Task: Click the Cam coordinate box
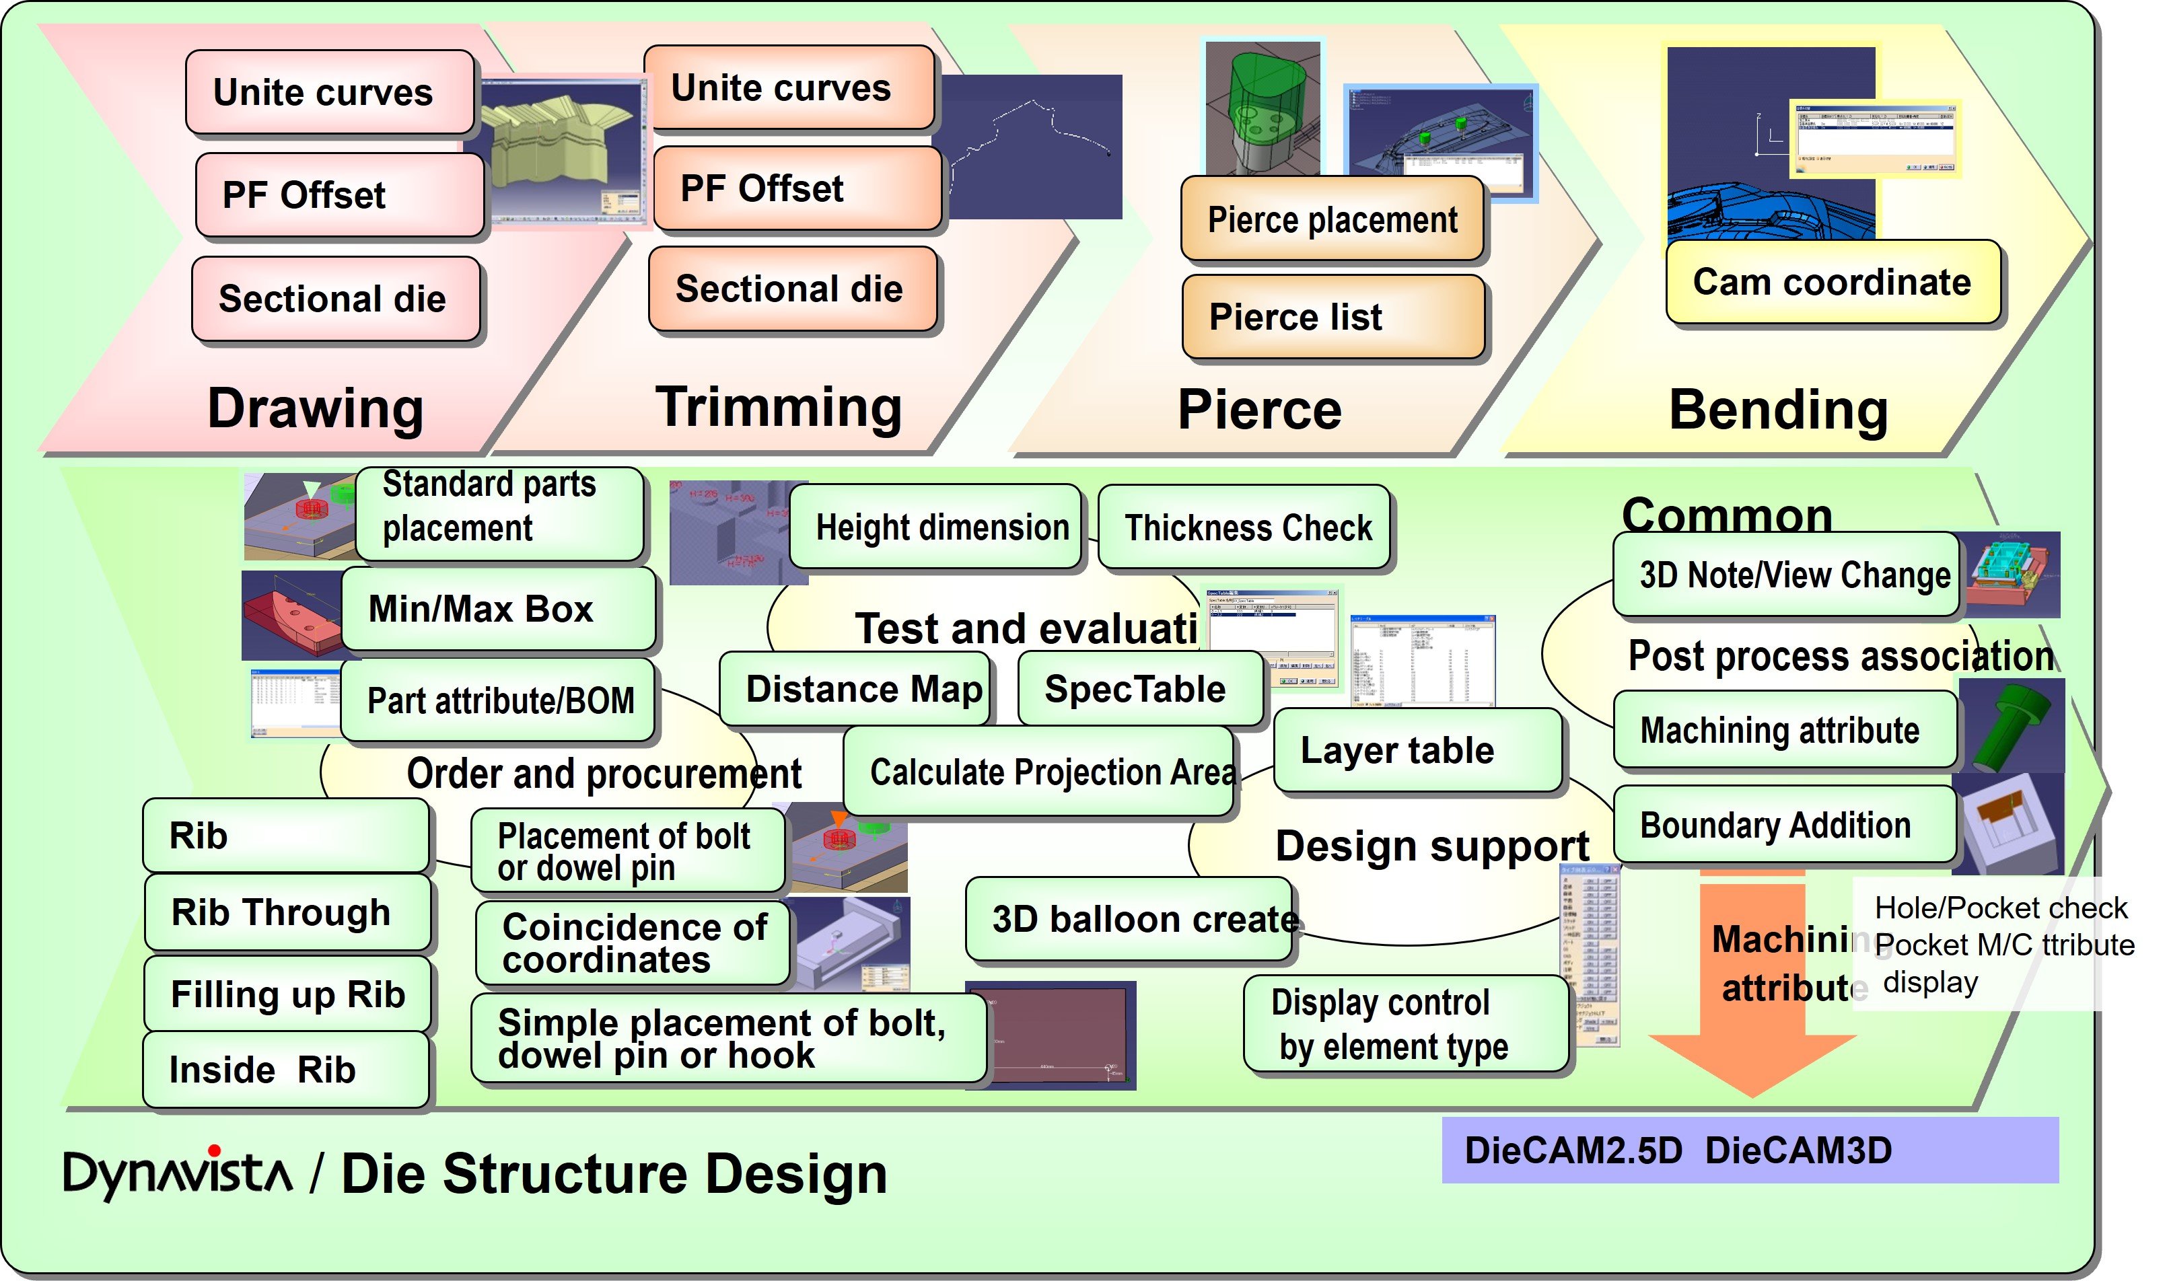(1831, 283)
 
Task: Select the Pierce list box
(1332, 317)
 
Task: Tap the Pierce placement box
(1331, 219)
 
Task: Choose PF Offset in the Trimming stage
(796, 188)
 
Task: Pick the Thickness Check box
(1244, 527)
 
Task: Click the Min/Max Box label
(497, 609)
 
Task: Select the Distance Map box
(854, 689)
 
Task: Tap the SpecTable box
(1139, 689)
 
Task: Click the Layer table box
(1417, 750)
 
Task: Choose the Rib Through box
(287, 912)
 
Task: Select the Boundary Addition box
(1783, 826)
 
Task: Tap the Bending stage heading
(1777, 409)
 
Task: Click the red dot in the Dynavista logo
(214, 1150)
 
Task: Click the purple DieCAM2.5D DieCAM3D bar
(1749, 1150)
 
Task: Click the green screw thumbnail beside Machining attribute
(2012, 725)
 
